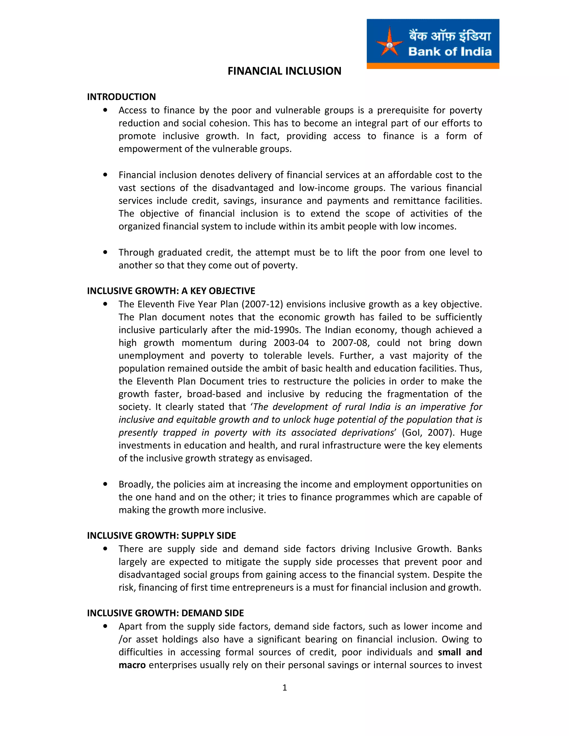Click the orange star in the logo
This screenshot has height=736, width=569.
click(389, 42)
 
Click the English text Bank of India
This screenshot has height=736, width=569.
click(450, 52)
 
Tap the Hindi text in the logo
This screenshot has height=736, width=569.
click(450, 35)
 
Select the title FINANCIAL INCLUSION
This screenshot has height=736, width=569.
click(284, 71)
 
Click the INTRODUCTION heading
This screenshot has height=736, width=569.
click(121, 97)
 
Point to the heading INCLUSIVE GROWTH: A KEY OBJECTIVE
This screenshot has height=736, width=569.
click(171, 291)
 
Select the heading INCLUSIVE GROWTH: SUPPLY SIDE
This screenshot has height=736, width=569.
click(161, 535)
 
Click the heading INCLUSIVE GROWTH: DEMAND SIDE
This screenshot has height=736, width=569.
click(165, 613)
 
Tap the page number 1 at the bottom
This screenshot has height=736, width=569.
click(284, 688)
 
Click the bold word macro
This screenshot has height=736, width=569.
click(132, 665)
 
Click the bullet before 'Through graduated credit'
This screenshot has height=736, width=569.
click(106, 252)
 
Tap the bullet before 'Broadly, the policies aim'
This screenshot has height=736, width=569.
click(106, 484)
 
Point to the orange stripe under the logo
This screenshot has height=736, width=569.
click(433, 66)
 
